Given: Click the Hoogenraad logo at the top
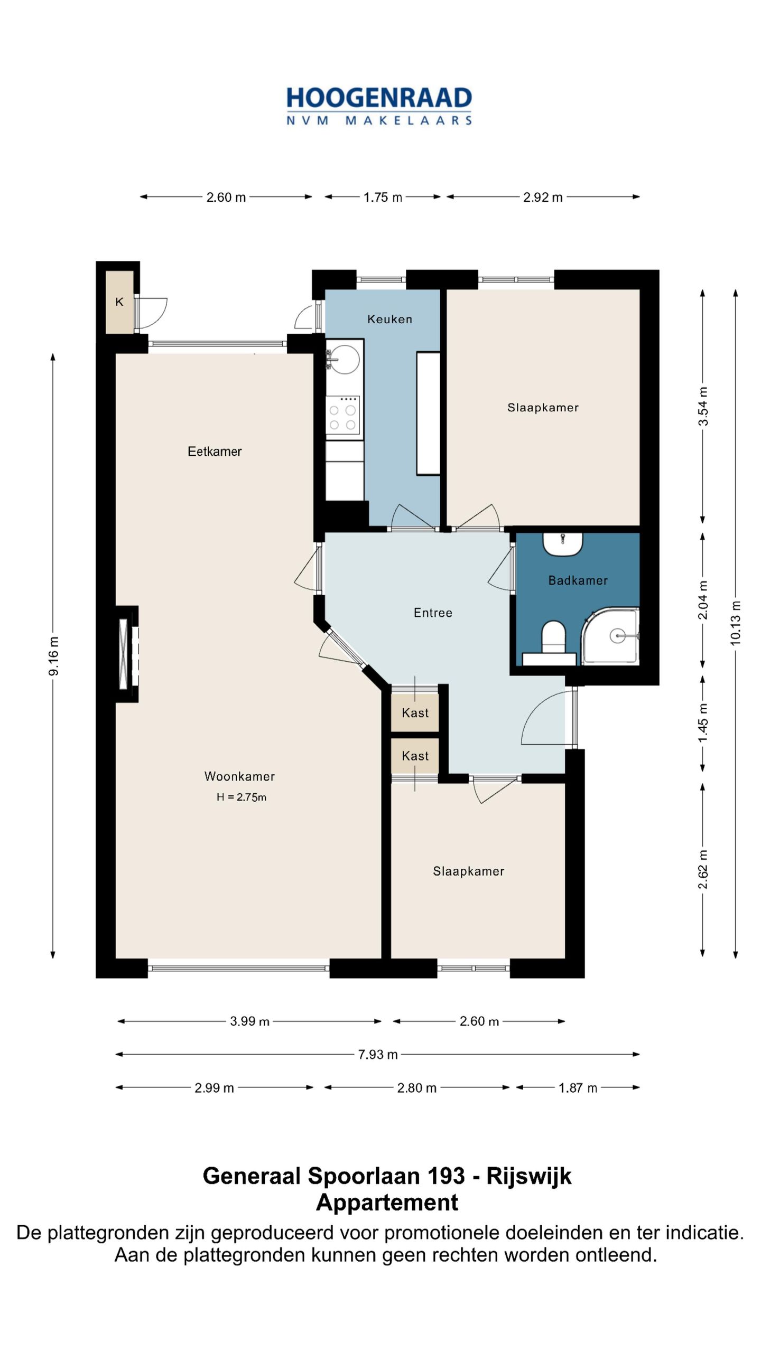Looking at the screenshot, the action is tap(379, 106).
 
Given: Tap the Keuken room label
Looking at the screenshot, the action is tap(389, 319).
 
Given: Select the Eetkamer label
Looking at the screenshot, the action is tap(215, 452).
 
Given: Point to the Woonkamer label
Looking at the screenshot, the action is tap(239, 776).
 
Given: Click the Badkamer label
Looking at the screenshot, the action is tap(578, 580).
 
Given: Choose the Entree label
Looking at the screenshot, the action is tap(433, 613).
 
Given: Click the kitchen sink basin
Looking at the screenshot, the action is tap(344, 359).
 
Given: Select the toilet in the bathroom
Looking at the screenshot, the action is tap(554, 637).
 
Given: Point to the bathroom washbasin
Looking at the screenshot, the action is tap(563, 544).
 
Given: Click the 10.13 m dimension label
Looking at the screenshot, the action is tap(736, 623).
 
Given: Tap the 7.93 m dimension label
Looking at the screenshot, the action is tap(378, 1055).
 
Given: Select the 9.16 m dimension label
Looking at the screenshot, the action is tap(53, 656).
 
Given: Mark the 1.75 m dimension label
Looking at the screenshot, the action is tap(383, 198).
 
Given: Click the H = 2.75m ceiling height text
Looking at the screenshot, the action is tap(241, 797).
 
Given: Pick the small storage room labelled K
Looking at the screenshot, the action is tap(119, 302).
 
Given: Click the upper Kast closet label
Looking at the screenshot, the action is tap(415, 713).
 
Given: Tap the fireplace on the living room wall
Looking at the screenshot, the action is tap(127, 654).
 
